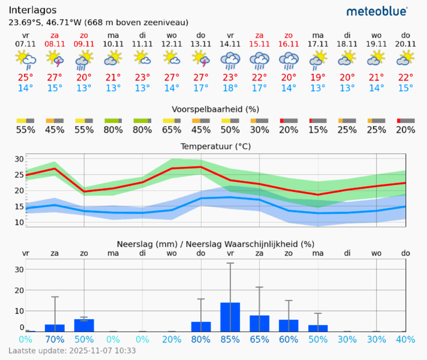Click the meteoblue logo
(x=377, y=11)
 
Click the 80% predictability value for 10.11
(x=113, y=130)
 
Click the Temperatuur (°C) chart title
(x=215, y=146)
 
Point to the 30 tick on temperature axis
(x=19, y=159)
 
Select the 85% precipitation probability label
(x=230, y=339)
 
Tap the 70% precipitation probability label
(x=54, y=339)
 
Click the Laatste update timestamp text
(x=72, y=351)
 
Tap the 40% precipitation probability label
(x=406, y=339)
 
